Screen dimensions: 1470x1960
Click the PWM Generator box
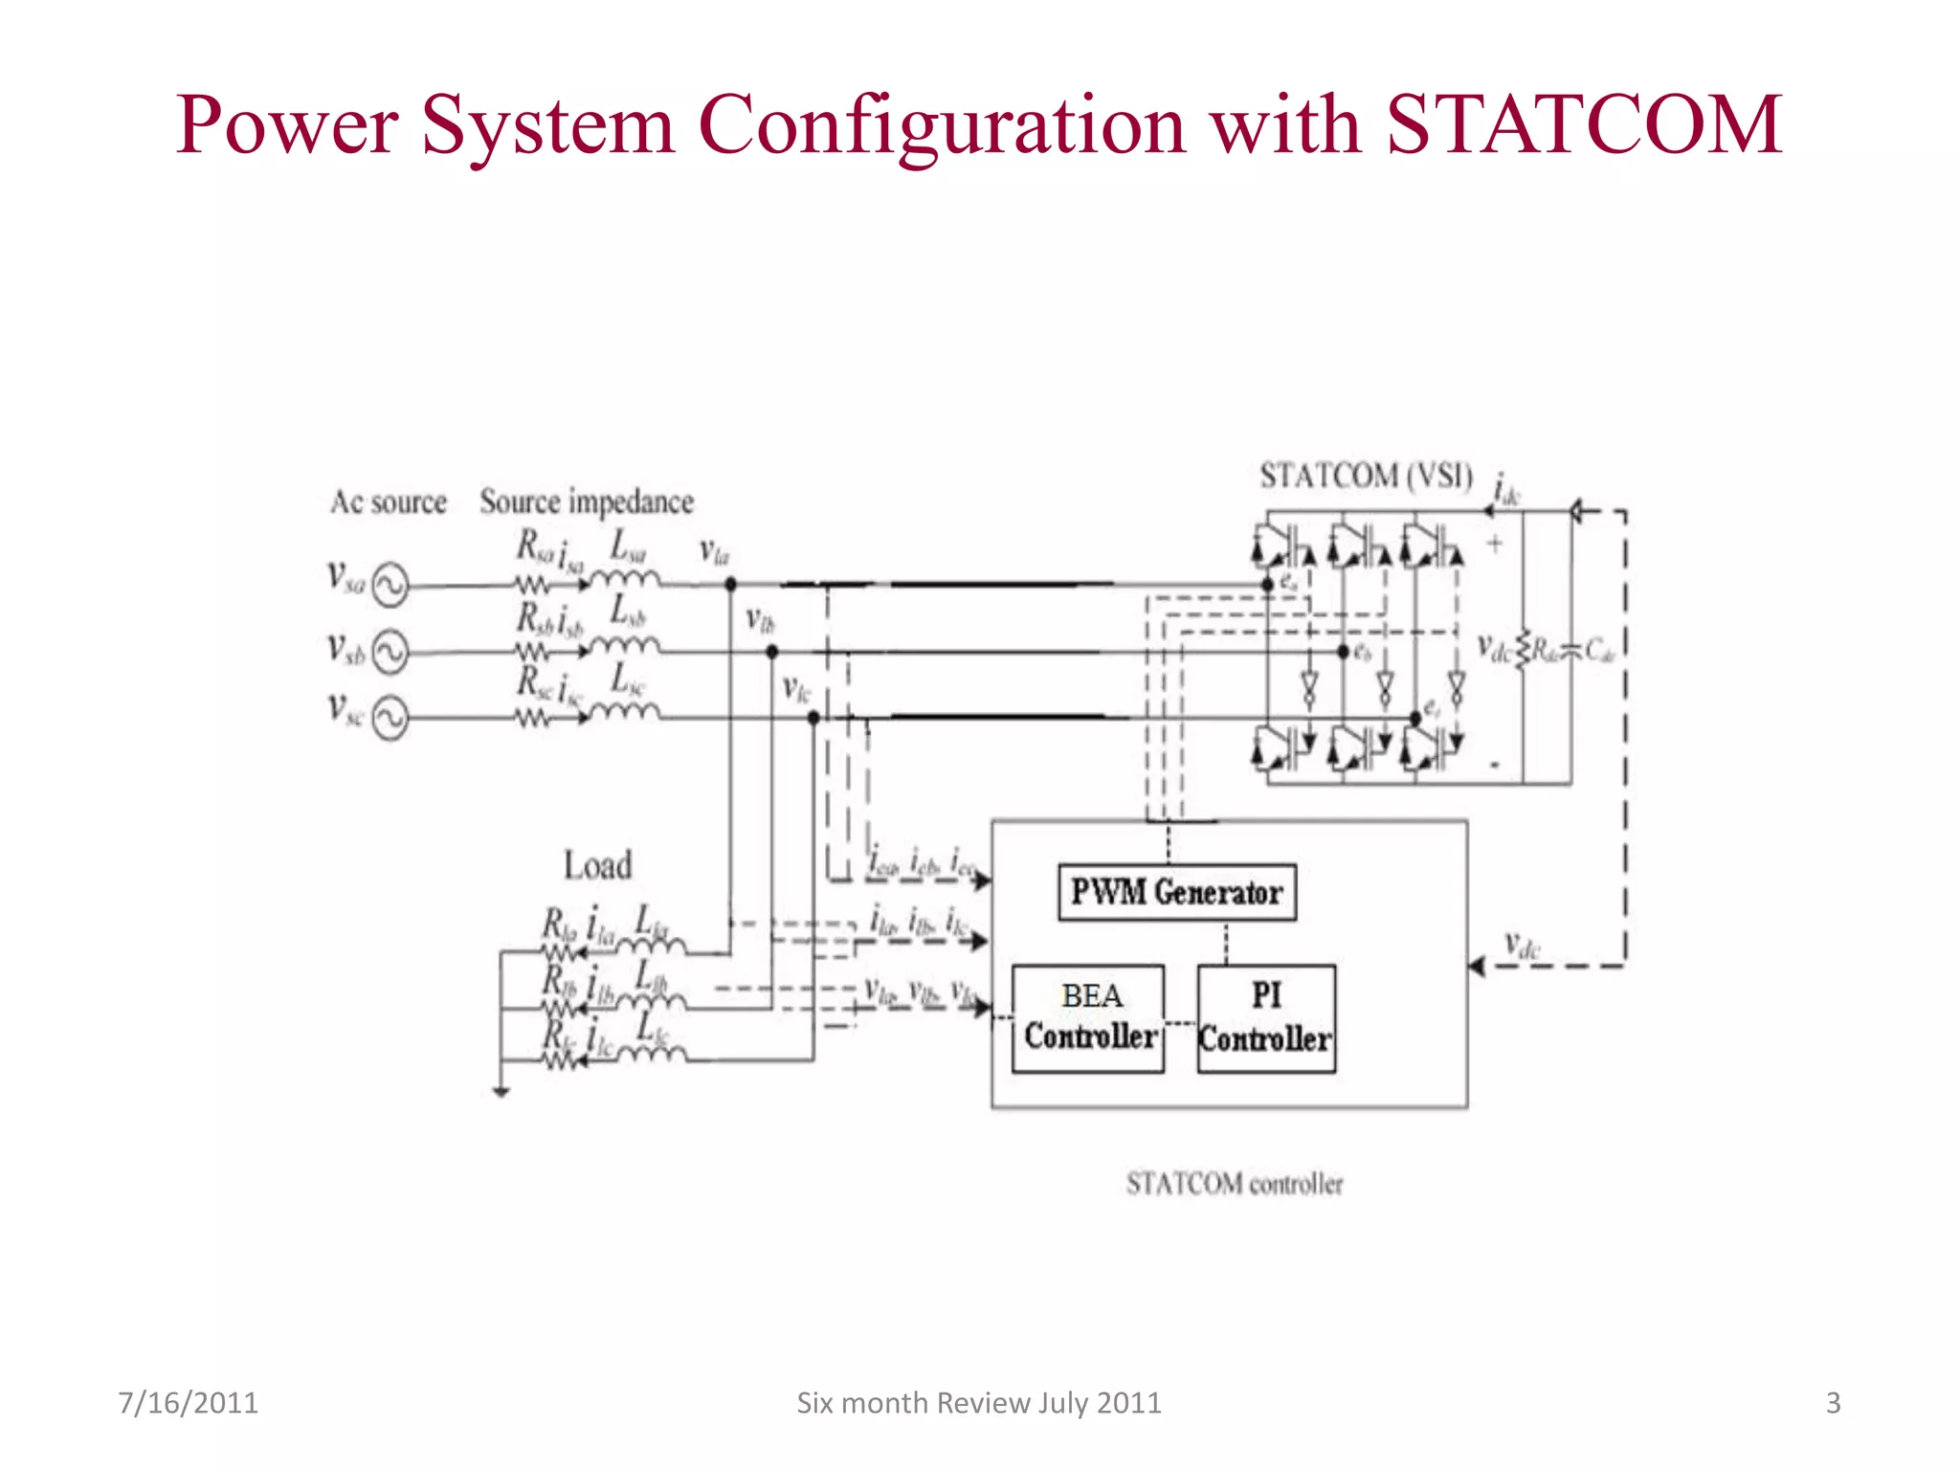click(1176, 893)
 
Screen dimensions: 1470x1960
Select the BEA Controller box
click(1088, 1018)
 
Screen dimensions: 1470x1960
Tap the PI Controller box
click(1265, 1018)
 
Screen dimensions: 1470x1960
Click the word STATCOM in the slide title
click(1584, 124)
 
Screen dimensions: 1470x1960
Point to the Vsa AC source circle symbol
click(390, 585)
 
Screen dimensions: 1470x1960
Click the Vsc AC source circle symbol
click(390, 718)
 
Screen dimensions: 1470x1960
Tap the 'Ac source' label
click(389, 501)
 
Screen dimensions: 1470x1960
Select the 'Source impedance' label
click(587, 501)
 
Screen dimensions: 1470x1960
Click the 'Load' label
click(597, 865)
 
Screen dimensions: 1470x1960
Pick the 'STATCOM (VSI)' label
click(1366, 476)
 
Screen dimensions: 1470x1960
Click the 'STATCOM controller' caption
click(1235, 1184)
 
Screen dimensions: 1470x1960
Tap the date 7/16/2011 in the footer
click(188, 1403)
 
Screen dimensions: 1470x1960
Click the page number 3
click(1833, 1403)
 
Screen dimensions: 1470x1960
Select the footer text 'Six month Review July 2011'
click(978, 1403)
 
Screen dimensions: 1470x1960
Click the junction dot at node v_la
click(730, 584)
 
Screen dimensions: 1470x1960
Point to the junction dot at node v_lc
click(813, 718)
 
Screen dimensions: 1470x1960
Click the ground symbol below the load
click(501, 1091)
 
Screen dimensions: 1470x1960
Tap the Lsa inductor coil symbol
click(625, 578)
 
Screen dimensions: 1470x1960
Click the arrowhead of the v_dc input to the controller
click(1477, 967)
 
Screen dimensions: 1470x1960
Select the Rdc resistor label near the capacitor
click(1545, 651)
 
